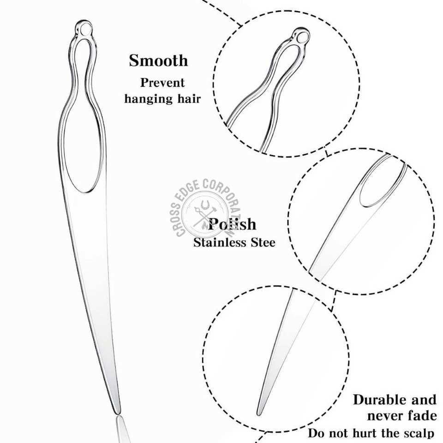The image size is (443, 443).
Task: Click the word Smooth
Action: (x=158, y=60)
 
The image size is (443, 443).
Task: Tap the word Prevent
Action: (x=162, y=83)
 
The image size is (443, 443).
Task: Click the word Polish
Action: (x=232, y=224)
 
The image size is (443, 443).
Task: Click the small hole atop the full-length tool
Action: (x=83, y=29)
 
